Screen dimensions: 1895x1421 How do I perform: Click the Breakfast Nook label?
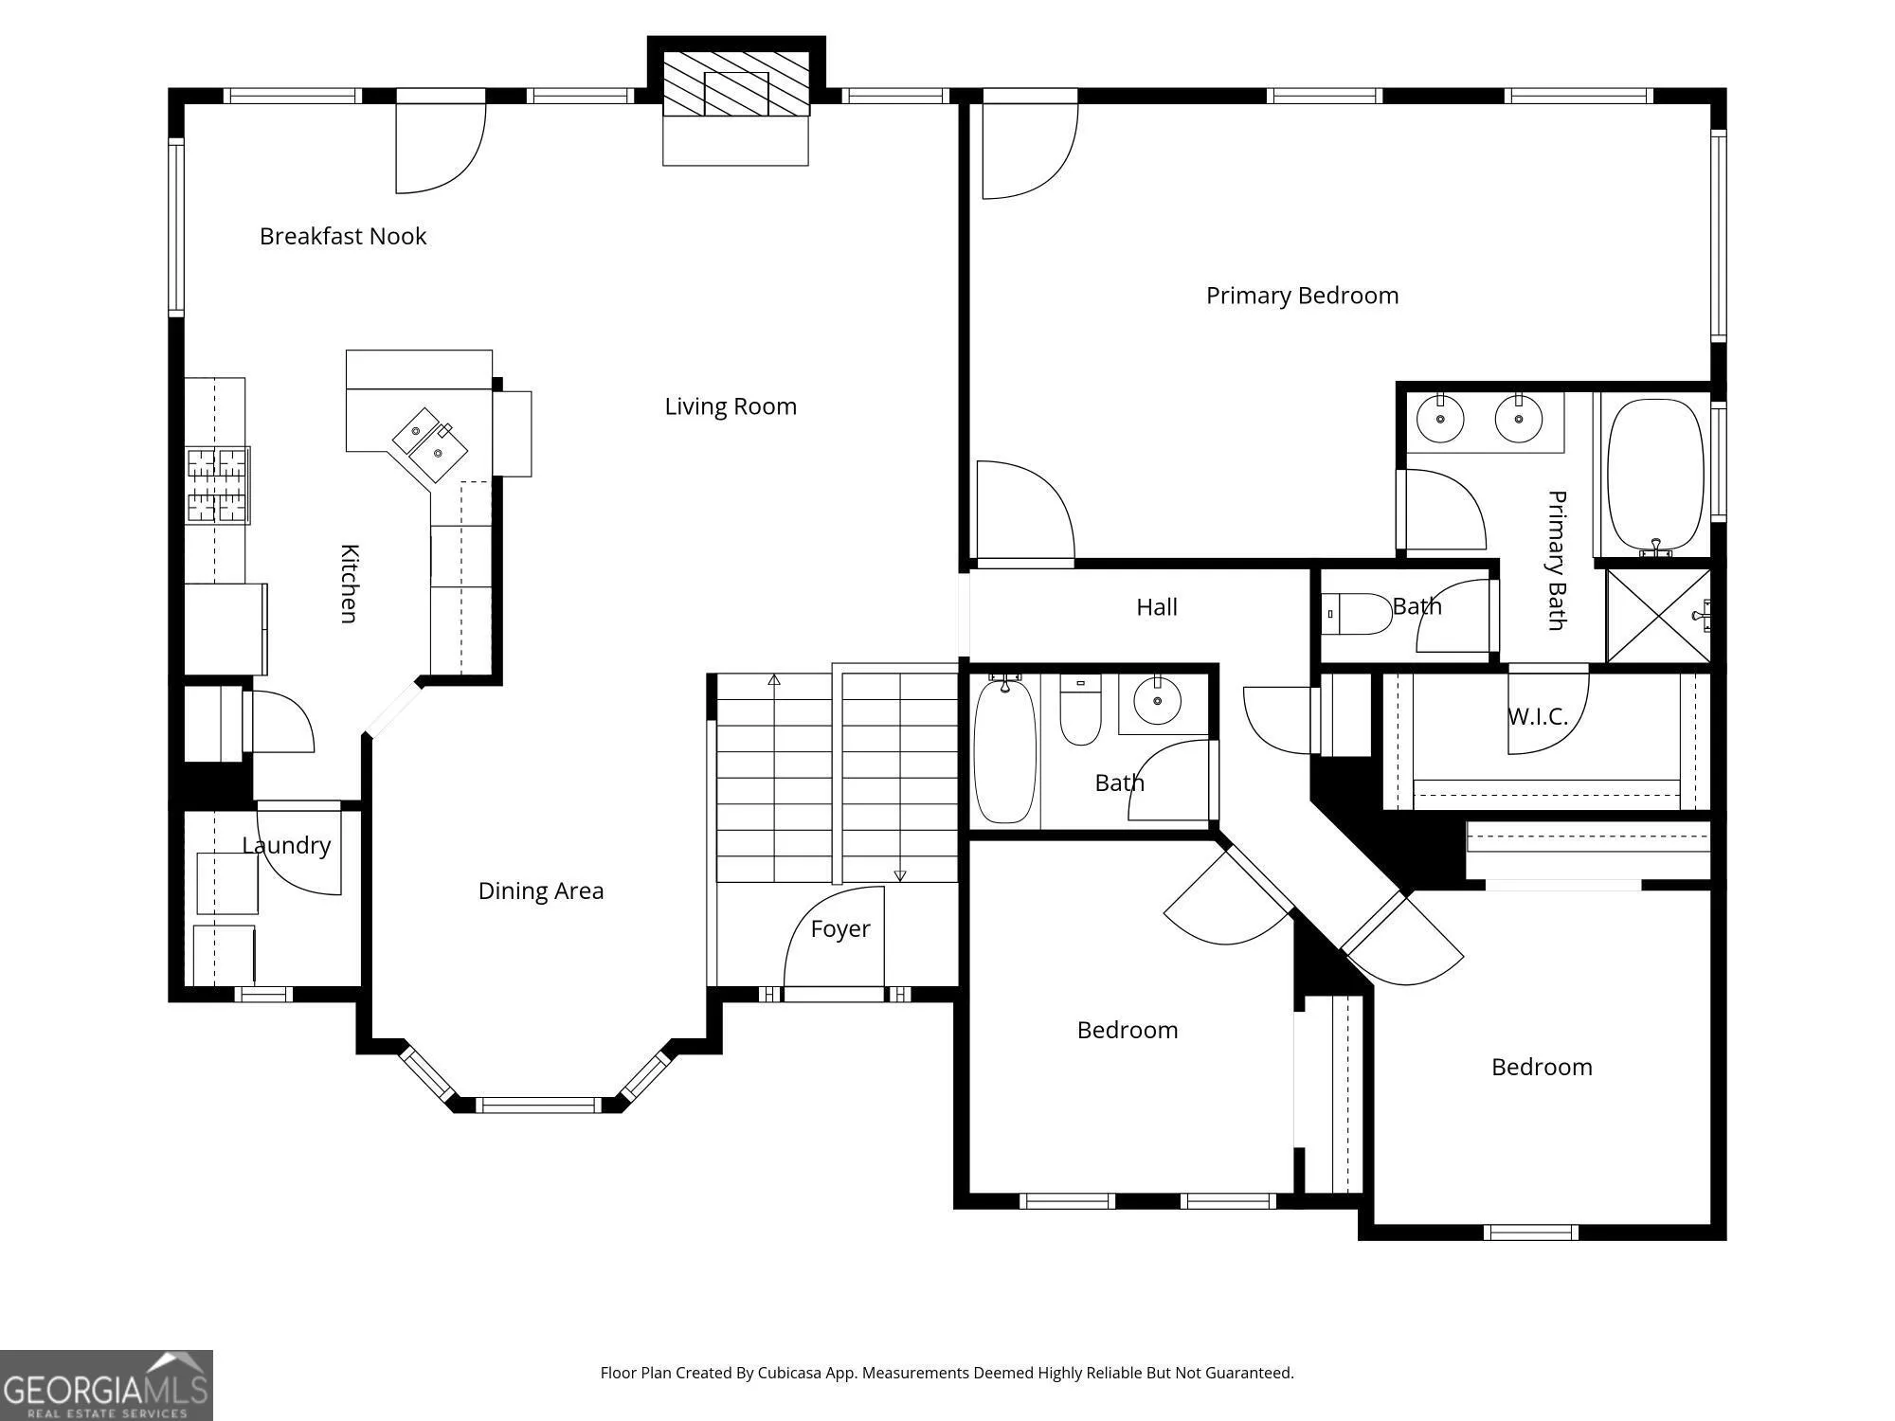tap(343, 236)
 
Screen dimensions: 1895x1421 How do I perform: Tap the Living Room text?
tap(731, 406)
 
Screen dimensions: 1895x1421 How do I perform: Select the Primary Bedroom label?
tap(1302, 296)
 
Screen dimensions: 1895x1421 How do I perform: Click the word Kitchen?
tap(349, 584)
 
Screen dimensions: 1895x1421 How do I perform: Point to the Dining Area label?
tap(541, 890)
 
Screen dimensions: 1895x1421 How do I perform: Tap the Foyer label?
tap(840, 929)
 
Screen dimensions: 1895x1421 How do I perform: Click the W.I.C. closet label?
tap(1538, 717)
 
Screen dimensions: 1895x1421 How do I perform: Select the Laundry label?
tap(286, 845)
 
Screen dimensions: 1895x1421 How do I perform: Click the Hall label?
tap(1157, 607)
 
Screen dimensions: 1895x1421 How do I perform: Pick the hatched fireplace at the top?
tap(736, 83)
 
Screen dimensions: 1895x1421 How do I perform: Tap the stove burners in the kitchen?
tap(218, 486)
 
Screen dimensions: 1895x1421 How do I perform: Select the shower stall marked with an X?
tap(1659, 616)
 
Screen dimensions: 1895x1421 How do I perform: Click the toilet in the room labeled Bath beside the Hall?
tap(1358, 614)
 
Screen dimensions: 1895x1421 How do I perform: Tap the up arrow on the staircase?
tap(774, 679)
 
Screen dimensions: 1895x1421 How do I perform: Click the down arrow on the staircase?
tap(900, 876)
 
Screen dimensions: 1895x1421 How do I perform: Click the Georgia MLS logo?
tap(106, 1385)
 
